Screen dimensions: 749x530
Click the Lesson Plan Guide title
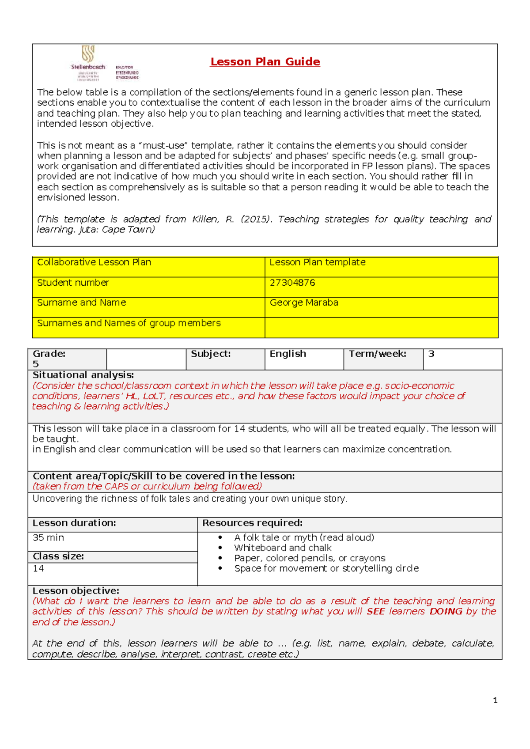(265, 62)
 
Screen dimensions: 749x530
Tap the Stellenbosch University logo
(88, 62)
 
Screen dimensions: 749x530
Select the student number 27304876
(292, 283)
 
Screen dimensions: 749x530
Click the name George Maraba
(304, 303)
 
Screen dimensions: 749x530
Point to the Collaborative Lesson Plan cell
(94, 262)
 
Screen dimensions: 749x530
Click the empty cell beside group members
(381, 327)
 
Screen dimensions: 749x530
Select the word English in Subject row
(288, 354)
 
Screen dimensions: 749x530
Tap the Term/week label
(378, 354)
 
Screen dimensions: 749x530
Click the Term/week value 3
(432, 354)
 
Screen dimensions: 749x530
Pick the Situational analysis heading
(83, 375)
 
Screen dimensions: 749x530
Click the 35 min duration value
(48, 537)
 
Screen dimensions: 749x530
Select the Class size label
(58, 556)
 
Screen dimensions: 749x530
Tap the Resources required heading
(252, 523)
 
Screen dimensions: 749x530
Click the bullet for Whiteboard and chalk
(220, 548)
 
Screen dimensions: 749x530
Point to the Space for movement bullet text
(326, 568)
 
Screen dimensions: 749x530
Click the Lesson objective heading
(76, 591)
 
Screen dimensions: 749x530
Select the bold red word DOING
(446, 612)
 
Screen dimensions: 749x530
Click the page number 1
(495, 700)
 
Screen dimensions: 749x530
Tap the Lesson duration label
(74, 523)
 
